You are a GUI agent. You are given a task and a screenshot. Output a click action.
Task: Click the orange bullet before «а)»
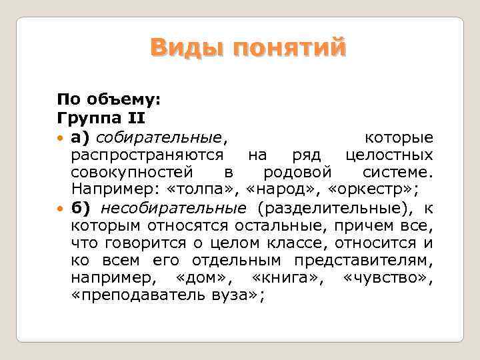point(61,138)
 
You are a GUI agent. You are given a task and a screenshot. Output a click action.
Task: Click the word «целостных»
point(389,155)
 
